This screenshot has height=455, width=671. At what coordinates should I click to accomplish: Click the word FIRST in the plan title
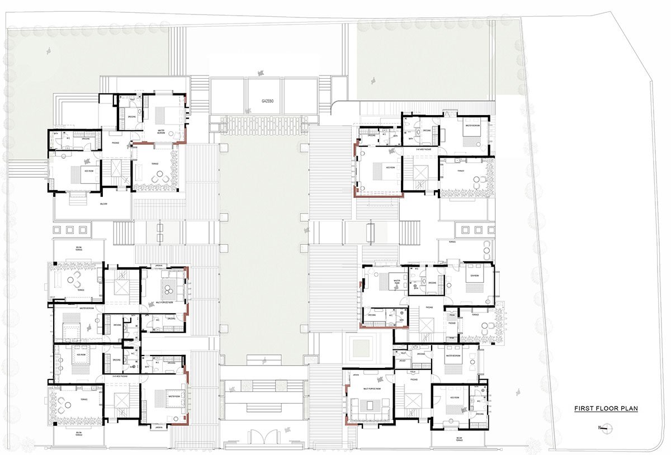(584, 409)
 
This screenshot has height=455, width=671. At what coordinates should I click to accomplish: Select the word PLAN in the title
(629, 409)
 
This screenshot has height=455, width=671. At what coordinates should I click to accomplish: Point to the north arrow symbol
(604, 429)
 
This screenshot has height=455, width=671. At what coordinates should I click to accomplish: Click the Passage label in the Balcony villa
(115, 143)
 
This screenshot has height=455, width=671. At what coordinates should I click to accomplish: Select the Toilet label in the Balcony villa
(132, 99)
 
